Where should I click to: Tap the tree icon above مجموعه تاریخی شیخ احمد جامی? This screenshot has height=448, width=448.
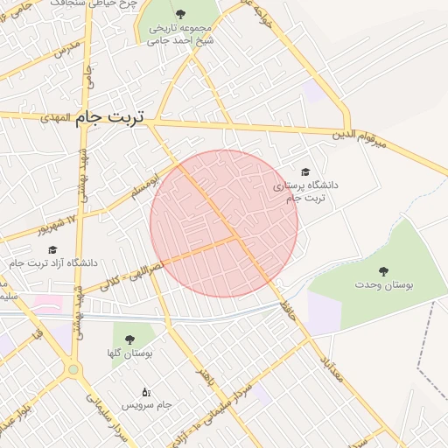[180, 14]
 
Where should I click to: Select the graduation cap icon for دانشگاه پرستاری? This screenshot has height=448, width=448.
[304, 172]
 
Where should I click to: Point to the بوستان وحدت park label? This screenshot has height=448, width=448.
[384, 284]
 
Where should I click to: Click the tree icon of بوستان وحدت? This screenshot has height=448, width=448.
[384, 269]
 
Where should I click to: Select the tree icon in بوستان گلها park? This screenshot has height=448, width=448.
[129, 339]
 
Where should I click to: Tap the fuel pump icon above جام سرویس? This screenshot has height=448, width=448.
[145, 391]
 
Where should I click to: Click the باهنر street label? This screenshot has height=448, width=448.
[205, 377]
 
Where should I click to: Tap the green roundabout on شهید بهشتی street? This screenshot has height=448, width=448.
[73, 369]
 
